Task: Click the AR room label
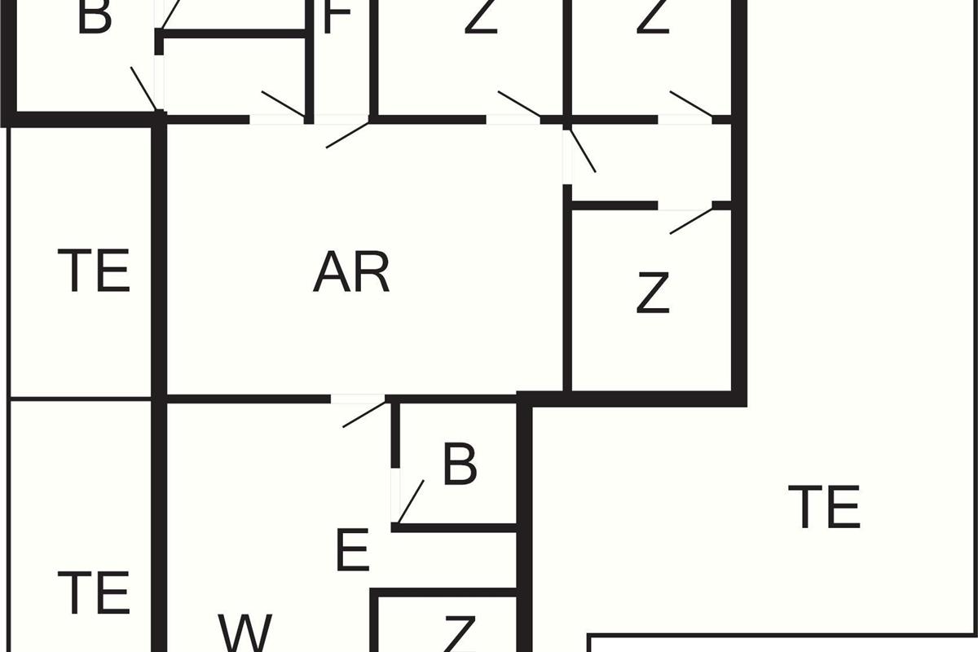351,273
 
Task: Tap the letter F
337,18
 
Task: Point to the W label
244,632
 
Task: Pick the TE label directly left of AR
94,271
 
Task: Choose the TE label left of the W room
94,593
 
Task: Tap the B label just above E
460,465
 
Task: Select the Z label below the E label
459,634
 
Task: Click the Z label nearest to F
481,18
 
